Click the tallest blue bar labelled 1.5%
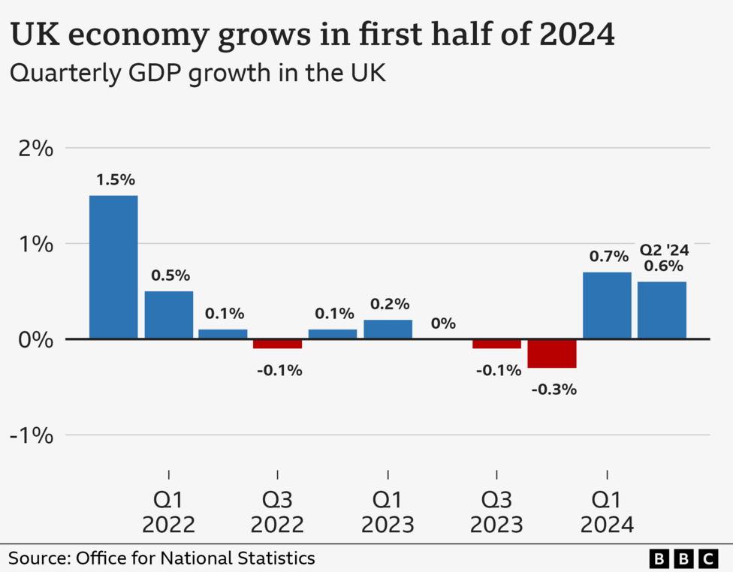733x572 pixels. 113,266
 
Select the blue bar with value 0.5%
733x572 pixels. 169,315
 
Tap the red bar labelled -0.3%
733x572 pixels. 552,354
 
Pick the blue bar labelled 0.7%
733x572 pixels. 607,306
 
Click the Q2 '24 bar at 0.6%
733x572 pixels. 662,310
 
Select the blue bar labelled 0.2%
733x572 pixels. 388,329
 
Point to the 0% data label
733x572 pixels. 443,324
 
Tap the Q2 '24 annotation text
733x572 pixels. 664,250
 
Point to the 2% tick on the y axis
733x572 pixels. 35,148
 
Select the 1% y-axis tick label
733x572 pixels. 35,244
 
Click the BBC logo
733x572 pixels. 683,558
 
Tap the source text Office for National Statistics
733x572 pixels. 195,558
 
